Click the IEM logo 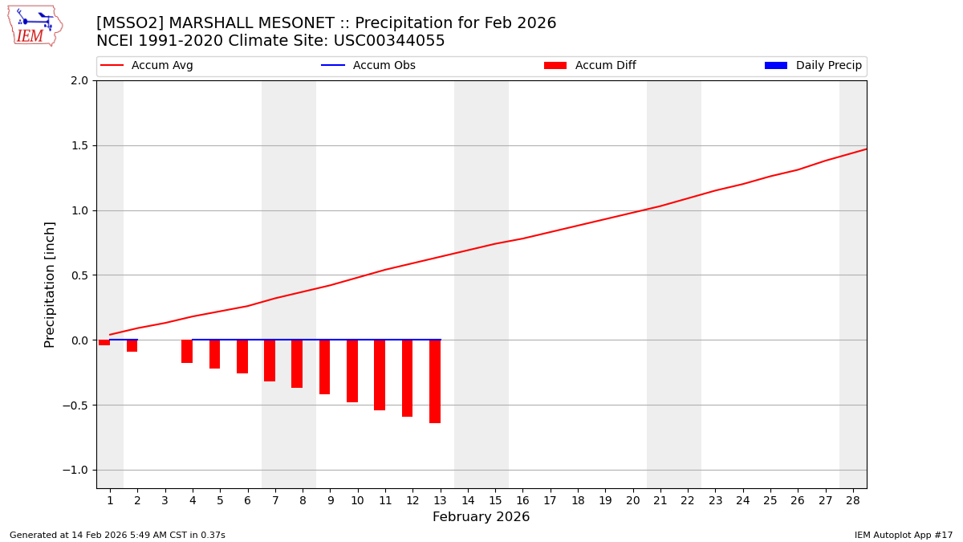pyautogui.click(x=35, y=26)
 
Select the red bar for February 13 pyautogui.click(x=435, y=381)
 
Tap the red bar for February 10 pyautogui.click(x=352, y=371)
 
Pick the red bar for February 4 pyautogui.click(x=187, y=352)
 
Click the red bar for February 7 pyautogui.click(x=270, y=361)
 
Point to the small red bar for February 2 pyautogui.click(x=132, y=346)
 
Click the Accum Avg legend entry pyautogui.click(x=147, y=66)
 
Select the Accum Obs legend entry pyautogui.click(x=368, y=66)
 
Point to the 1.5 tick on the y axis pyautogui.click(x=79, y=145)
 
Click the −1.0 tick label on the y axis pyautogui.click(x=76, y=470)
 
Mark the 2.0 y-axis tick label pyautogui.click(x=79, y=80)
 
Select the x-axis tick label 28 pyautogui.click(x=853, y=500)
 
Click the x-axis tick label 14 pyautogui.click(x=468, y=500)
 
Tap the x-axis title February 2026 pyautogui.click(x=481, y=517)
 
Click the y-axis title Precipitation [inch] pyautogui.click(x=50, y=284)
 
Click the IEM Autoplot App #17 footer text pyautogui.click(x=903, y=535)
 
